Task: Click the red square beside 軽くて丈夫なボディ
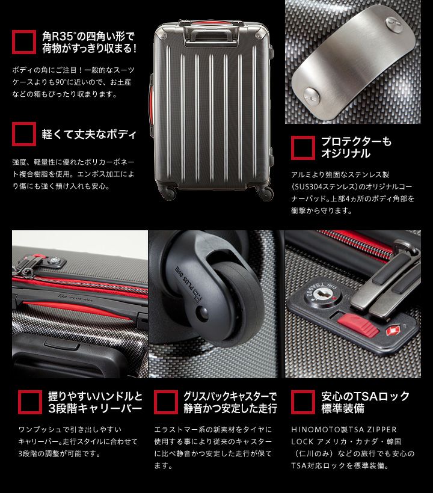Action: [24, 134]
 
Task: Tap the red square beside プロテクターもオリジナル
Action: [303, 148]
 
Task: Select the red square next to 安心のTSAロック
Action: [303, 402]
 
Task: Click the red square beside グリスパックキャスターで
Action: [166, 402]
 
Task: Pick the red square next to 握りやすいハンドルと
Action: [30, 402]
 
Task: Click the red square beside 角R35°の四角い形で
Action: [24, 42]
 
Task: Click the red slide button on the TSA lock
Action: [358, 325]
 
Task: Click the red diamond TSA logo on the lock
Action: [393, 331]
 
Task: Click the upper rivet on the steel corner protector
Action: [395, 24]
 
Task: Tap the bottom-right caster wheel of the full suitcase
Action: [265, 192]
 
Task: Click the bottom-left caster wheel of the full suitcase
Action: [168, 192]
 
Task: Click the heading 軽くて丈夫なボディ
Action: [89, 134]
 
